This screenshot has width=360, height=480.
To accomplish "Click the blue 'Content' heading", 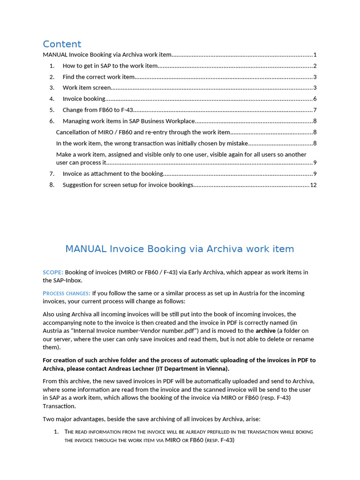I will (x=62, y=44).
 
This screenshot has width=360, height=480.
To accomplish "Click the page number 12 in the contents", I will (x=313, y=185).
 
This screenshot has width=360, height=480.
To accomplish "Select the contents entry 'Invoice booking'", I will (x=84, y=99).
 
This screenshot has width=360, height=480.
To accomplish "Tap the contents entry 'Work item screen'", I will (x=87, y=88).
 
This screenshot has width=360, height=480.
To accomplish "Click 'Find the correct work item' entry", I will (x=98, y=77).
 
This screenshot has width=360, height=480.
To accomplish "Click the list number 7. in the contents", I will (x=52, y=174).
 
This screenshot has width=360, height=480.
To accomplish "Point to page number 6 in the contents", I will (x=315, y=99).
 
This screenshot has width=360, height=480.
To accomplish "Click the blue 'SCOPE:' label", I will (x=53, y=272).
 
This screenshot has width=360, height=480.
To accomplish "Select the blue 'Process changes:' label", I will (x=67, y=293).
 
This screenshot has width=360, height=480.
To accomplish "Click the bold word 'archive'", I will (x=265, y=331).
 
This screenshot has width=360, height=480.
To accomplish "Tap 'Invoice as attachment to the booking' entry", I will (x=112, y=174).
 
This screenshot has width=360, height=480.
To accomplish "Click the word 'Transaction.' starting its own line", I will (x=59, y=406).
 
